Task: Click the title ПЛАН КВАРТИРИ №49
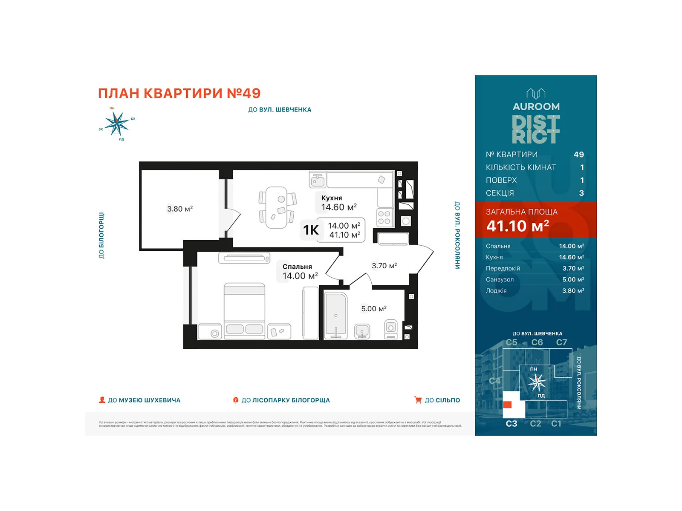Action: (x=179, y=93)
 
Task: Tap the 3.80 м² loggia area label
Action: (x=179, y=209)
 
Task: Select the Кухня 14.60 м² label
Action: (x=338, y=203)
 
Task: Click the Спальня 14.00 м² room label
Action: (x=300, y=272)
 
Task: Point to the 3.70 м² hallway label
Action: (x=384, y=266)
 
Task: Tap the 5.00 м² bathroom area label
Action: (x=373, y=309)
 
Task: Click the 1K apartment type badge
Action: (x=311, y=230)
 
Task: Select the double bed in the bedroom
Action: (x=244, y=311)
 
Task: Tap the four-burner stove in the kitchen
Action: (x=384, y=218)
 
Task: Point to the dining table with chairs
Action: (x=277, y=207)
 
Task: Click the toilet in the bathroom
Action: (x=391, y=329)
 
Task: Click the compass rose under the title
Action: (x=116, y=124)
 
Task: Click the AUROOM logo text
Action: (x=536, y=106)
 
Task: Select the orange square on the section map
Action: (x=507, y=405)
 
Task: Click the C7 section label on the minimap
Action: (x=561, y=342)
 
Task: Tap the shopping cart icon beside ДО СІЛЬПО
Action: (x=418, y=400)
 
